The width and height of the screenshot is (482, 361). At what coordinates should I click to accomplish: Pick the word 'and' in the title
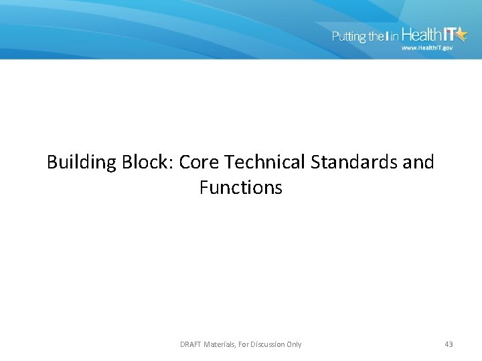(420, 162)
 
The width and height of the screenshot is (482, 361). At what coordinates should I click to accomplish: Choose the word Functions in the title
(241, 188)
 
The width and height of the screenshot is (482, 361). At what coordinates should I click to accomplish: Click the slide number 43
(449, 344)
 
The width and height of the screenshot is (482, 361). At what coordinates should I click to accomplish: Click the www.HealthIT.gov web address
(427, 48)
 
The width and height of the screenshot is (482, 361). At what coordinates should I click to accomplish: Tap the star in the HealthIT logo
(460, 35)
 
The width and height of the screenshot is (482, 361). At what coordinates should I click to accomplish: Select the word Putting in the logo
(348, 37)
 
